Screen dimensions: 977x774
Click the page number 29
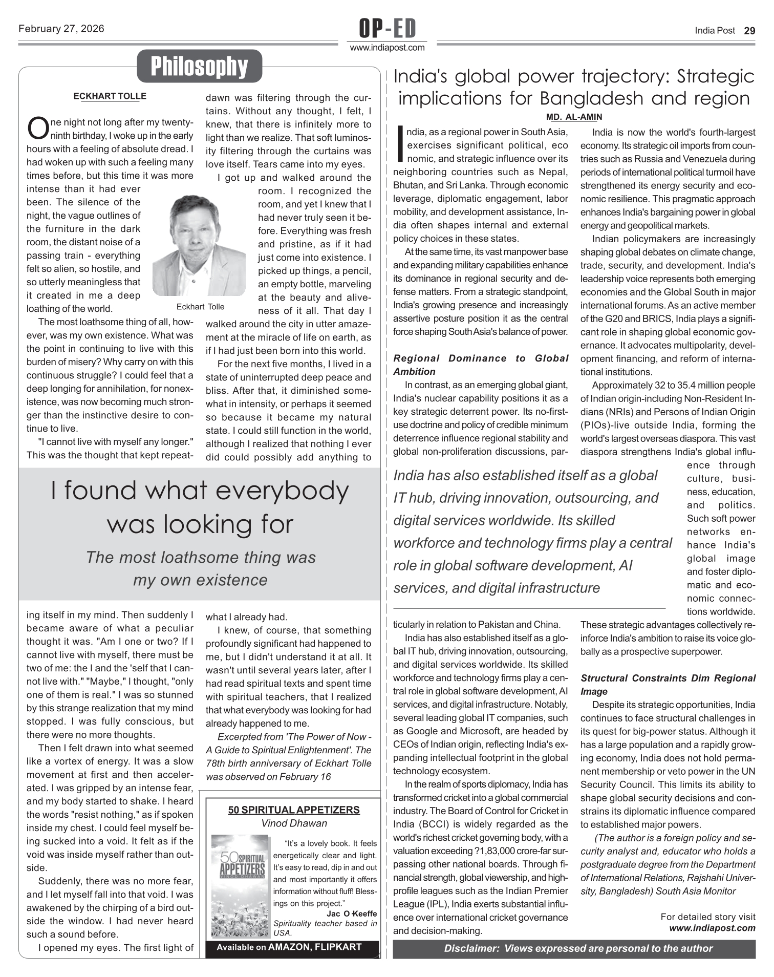coord(749,31)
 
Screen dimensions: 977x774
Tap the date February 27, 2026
coord(61,29)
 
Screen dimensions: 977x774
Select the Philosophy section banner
coord(199,66)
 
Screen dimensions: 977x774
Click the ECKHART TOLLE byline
coord(110,96)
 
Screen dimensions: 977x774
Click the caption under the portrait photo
coord(200,307)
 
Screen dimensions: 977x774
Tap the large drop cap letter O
coord(37,128)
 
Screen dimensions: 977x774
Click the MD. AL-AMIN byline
coord(574,117)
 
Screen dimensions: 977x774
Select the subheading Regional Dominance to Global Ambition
coord(481,365)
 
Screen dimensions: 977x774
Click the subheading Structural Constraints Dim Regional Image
coord(668,685)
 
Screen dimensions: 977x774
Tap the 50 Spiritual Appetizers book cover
coord(240,886)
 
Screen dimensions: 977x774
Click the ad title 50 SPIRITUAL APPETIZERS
coord(294,810)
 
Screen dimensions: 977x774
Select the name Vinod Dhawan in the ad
coord(294,823)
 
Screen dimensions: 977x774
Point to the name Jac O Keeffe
coord(351,914)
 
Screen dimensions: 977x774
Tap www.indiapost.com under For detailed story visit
coord(712,928)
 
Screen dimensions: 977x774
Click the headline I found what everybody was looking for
coord(200,507)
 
